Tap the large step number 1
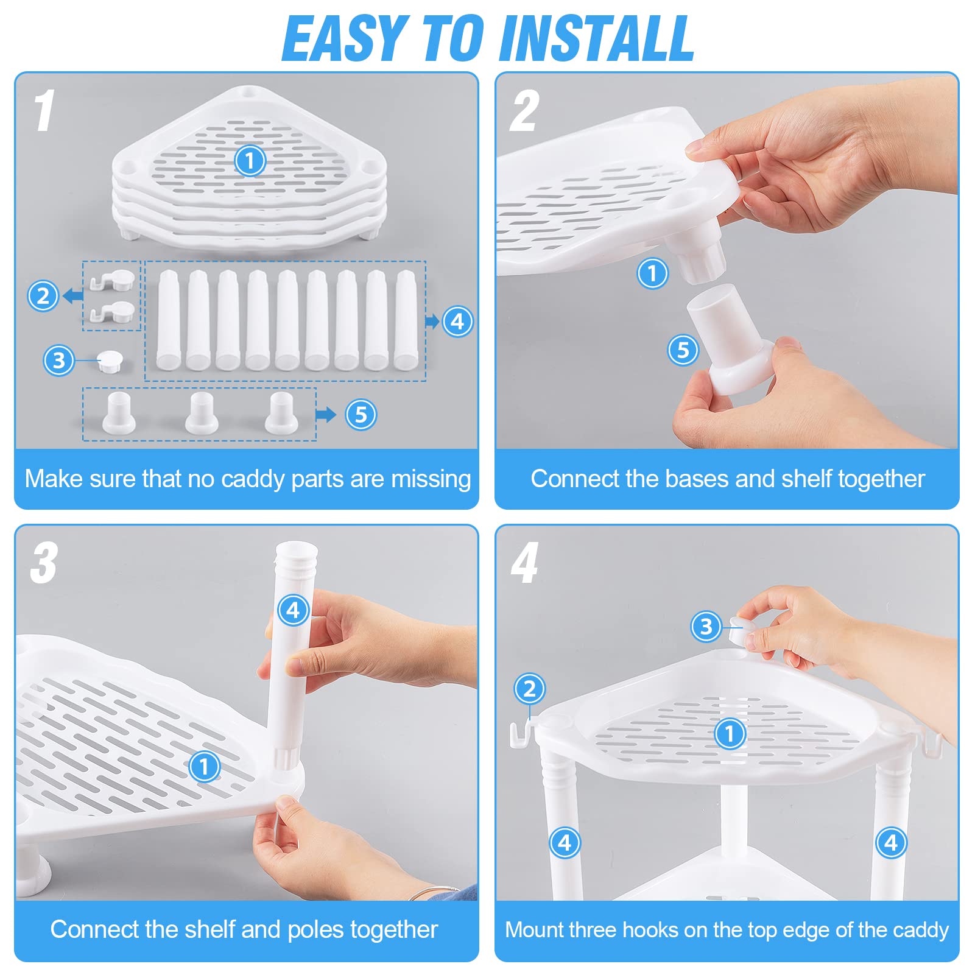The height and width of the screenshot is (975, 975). (44, 110)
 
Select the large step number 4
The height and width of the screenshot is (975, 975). (524, 563)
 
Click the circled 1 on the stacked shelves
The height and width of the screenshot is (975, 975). (250, 161)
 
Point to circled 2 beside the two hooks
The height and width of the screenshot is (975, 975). (43, 296)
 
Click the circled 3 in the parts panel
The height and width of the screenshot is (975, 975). (59, 360)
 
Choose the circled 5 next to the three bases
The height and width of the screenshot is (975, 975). (361, 415)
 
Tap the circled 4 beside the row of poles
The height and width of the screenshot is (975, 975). (458, 321)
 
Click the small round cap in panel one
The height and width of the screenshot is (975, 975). (110, 360)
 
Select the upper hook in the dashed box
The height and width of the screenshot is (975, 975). (113, 280)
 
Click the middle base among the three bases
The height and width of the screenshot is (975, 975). (201, 413)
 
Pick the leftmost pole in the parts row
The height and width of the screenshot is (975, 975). (169, 320)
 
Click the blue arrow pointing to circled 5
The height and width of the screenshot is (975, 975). (326, 415)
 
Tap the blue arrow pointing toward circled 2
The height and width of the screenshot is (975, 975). (73, 296)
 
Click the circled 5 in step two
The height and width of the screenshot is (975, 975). (683, 350)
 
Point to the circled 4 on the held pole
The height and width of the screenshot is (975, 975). (294, 610)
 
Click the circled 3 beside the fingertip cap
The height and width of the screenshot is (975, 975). (706, 626)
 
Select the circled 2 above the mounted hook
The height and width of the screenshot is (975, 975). (530, 689)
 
